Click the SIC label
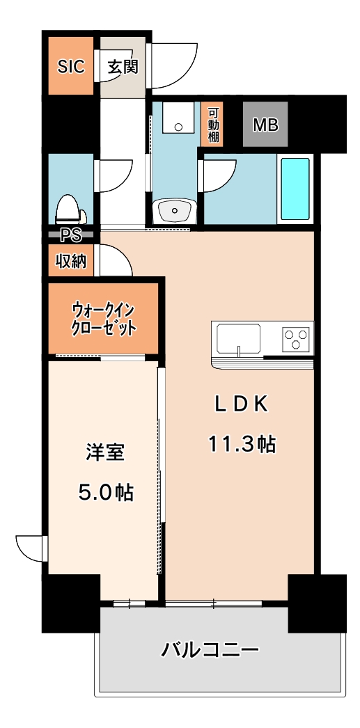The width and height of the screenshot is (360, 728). click(x=70, y=67)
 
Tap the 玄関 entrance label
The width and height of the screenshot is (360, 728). click(x=123, y=67)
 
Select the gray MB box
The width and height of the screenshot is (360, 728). click(x=265, y=125)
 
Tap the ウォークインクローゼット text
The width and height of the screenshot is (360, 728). click(x=104, y=319)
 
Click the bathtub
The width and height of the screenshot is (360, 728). click(x=295, y=189)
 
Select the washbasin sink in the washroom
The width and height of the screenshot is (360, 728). click(x=174, y=209)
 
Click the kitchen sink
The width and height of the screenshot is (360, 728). click(x=239, y=339)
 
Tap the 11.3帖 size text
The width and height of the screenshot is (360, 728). click(x=241, y=443)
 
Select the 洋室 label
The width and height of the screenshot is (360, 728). click(x=105, y=452)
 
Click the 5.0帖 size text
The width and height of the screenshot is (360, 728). click(x=105, y=492)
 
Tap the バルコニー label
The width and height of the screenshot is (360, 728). click(x=210, y=651)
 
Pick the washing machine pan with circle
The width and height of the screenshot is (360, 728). click(x=178, y=119)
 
